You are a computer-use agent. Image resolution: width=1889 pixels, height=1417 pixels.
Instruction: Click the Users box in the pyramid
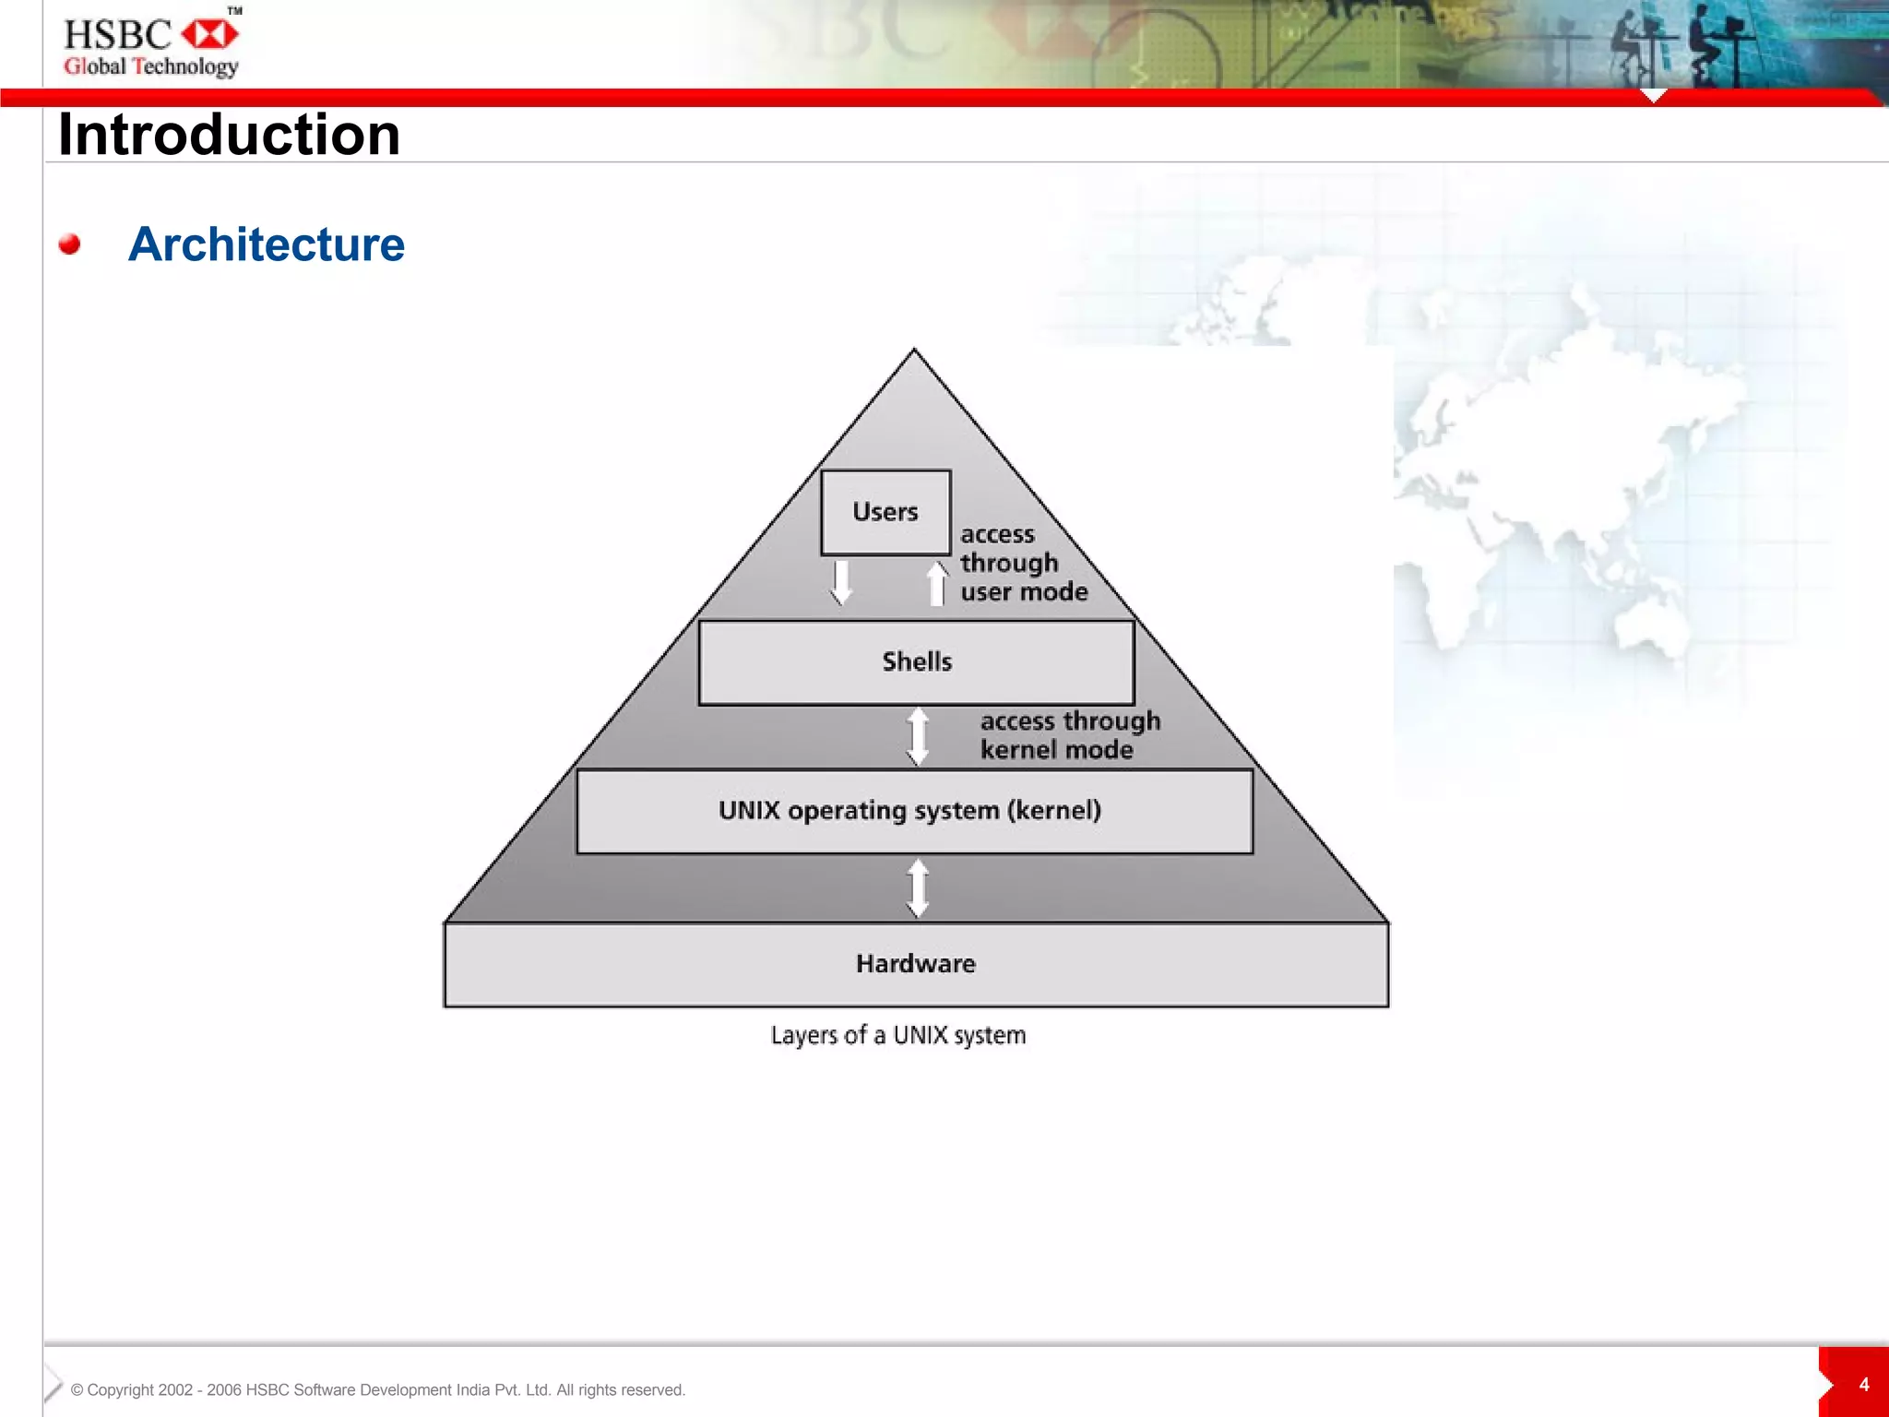pyautogui.click(x=885, y=512)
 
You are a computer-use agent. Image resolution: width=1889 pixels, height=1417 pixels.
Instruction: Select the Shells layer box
pyautogui.click(x=916, y=662)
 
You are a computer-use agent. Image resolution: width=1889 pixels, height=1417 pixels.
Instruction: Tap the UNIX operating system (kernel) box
pyautogui.click(x=914, y=811)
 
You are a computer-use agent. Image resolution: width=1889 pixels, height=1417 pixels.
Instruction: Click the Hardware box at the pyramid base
pyautogui.click(x=916, y=964)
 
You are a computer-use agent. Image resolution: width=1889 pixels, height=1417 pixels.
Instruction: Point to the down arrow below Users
pyautogui.click(x=840, y=582)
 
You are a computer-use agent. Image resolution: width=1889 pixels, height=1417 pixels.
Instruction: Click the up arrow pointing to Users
pyautogui.click(x=937, y=583)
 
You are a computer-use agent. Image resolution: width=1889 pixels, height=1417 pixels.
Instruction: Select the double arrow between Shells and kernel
pyautogui.click(x=918, y=736)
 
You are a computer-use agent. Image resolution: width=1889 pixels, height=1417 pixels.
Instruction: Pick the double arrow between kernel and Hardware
pyautogui.click(x=918, y=887)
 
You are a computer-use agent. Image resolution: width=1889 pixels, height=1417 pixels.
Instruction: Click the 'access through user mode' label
pyautogui.click(x=1023, y=563)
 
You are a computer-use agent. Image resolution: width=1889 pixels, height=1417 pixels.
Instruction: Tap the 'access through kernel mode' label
pyautogui.click(x=1069, y=735)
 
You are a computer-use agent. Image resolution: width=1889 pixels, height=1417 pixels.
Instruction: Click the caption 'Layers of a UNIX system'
pyautogui.click(x=898, y=1035)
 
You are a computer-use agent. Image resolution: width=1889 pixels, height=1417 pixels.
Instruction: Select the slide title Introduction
pyautogui.click(x=229, y=135)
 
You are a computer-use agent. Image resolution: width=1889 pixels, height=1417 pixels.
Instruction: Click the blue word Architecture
pyautogui.click(x=267, y=244)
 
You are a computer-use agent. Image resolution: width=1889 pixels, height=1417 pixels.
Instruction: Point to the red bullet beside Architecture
pyautogui.click(x=69, y=244)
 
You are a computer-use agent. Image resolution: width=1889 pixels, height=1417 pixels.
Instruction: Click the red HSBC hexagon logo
pyautogui.click(x=209, y=35)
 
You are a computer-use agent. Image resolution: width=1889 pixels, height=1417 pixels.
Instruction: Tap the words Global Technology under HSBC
pyautogui.click(x=151, y=66)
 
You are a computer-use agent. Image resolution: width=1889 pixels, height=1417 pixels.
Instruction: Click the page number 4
pyautogui.click(x=1863, y=1385)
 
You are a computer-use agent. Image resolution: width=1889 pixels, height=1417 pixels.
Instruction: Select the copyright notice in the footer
pyautogui.click(x=378, y=1390)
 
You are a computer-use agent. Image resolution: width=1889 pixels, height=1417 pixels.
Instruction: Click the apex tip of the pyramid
pyautogui.click(x=914, y=351)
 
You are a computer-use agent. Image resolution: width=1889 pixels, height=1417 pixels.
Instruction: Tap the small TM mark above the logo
pyautogui.click(x=235, y=10)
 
